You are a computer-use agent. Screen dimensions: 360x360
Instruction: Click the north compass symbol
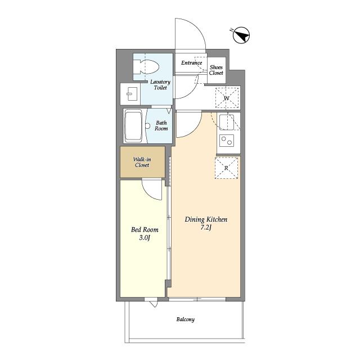[x=241, y=35]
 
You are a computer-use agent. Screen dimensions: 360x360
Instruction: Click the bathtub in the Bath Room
[x=133, y=126]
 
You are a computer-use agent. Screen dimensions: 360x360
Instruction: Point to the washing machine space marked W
[x=227, y=98]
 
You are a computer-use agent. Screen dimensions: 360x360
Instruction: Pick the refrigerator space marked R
[x=226, y=168]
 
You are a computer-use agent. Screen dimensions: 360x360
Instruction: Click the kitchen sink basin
[x=227, y=123]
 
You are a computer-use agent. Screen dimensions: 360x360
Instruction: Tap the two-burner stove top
[x=227, y=140]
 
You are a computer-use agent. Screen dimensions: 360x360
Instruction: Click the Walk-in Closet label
[x=142, y=162]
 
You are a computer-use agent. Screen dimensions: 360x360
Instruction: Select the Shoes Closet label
[x=216, y=70]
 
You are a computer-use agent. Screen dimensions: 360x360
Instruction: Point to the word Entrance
[x=191, y=62]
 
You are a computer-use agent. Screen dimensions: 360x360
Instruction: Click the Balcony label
[x=186, y=319]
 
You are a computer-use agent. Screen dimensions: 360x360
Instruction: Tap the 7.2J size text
[x=206, y=228]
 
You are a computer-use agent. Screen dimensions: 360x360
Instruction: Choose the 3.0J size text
[x=145, y=238]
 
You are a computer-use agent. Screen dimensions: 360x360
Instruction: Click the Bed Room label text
[x=145, y=229]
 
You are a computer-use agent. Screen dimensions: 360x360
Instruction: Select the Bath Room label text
[x=161, y=125]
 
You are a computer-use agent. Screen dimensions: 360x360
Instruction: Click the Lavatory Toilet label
[x=160, y=85]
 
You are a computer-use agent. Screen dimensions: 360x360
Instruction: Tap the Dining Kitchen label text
[x=206, y=219]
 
